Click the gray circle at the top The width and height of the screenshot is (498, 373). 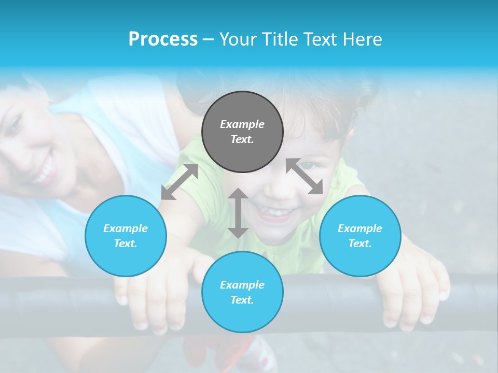click(x=242, y=132)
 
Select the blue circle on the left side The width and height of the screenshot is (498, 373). click(x=126, y=236)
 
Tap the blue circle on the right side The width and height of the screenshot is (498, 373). click(x=360, y=236)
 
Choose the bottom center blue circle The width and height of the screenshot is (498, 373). click(x=242, y=292)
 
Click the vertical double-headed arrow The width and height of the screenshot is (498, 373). click(x=238, y=213)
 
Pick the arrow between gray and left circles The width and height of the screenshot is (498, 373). click(x=179, y=182)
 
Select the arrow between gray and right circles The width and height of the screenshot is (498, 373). click(x=305, y=176)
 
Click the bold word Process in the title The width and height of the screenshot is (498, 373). click(x=163, y=39)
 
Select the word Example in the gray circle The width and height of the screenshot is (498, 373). click(x=242, y=124)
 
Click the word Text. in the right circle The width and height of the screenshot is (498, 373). click(x=360, y=243)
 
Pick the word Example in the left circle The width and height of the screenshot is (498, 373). click(x=126, y=228)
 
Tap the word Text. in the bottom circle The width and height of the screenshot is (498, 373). click(x=242, y=300)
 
